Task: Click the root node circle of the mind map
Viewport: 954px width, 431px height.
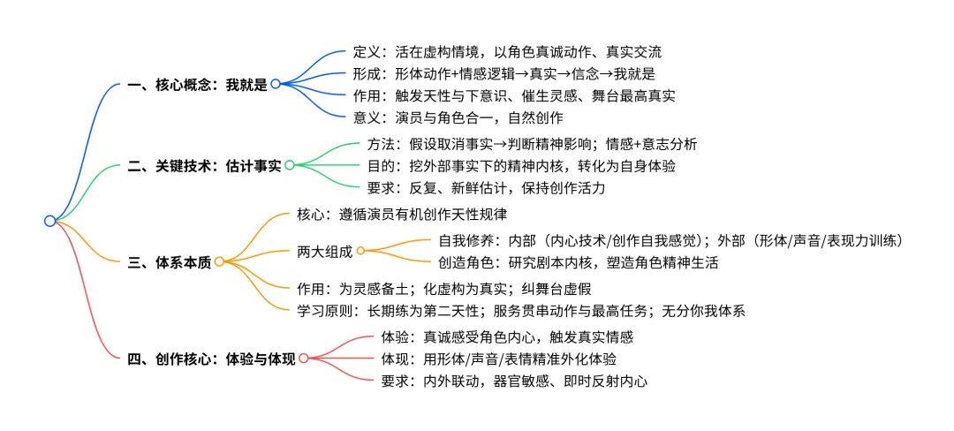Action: point(49,221)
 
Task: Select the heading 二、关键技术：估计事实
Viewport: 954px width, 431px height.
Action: point(204,165)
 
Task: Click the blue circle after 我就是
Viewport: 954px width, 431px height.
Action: point(276,84)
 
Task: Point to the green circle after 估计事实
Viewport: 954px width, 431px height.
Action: point(290,165)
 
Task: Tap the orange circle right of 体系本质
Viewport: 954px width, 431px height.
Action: point(219,261)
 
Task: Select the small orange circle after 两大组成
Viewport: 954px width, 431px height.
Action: point(360,251)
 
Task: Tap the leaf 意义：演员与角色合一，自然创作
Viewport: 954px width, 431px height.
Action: point(458,117)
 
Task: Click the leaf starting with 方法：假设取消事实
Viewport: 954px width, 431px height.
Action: point(532,144)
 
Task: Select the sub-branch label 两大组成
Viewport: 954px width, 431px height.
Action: point(324,251)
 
